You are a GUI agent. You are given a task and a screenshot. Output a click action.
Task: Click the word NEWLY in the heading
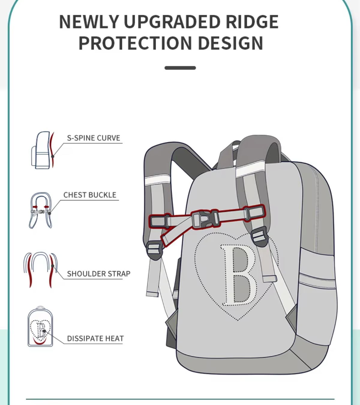pos(89,22)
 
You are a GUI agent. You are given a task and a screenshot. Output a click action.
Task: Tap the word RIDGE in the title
pos(252,22)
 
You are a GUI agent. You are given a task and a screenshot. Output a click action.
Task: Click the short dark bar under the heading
pos(180,68)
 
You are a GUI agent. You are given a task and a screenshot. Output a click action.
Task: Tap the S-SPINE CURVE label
pos(94,138)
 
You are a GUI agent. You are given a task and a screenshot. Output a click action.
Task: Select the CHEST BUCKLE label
pos(90,195)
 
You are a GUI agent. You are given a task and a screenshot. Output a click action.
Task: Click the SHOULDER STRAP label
pos(99,274)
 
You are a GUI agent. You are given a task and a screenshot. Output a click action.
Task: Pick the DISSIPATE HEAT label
pos(95,338)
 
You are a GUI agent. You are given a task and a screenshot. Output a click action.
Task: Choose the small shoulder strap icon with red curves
pos(40,270)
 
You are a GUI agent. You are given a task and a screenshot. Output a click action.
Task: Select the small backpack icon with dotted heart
pos(40,326)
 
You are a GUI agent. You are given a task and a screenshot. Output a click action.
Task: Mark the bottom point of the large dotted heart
pos(238,320)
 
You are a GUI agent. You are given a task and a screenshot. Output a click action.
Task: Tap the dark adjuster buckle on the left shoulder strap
pos(154,250)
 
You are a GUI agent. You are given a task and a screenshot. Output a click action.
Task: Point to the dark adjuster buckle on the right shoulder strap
pos(260,236)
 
